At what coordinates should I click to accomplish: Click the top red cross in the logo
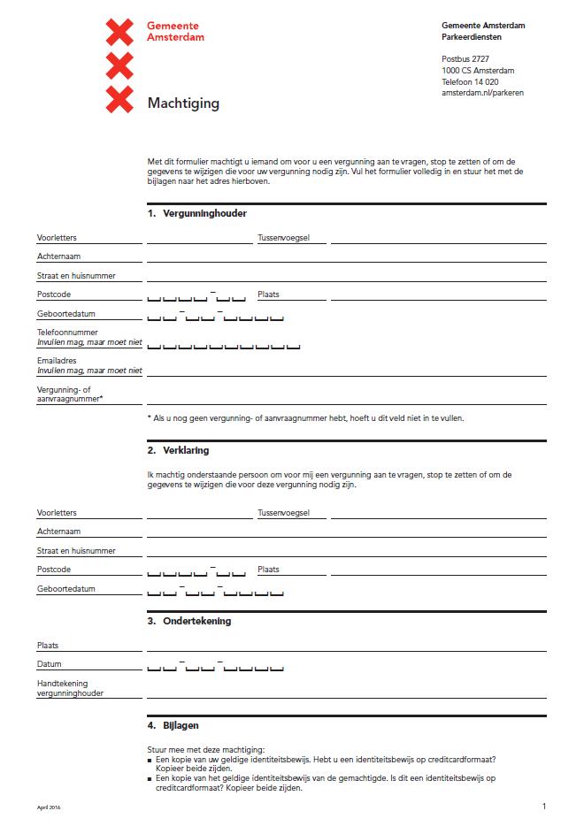pyautogui.click(x=119, y=33)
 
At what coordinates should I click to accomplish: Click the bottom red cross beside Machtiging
pyautogui.click(x=119, y=99)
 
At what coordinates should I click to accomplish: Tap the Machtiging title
pyautogui.click(x=183, y=103)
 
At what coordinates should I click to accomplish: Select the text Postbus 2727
pyautogui.click(x=465, y=58)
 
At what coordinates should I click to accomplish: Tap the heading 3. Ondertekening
pyautogui.click(x=189, y=621)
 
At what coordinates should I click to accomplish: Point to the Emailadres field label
pyautogui.click(x=57, y=361)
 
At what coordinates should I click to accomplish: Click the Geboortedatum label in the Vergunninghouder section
pyautogui.click(x=66, y=314)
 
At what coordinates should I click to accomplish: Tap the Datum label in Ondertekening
pyautogui.click(x=50, y=664)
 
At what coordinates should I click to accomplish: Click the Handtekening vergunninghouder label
pyautogui.click(x=70, y=688)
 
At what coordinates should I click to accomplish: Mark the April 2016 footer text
pyautogui.click(x=49, y=807)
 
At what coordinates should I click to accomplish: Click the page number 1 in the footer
pyautogui.click(x=543, y=806)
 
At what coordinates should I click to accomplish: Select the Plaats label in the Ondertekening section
pyautogui.click(x=48, y=646)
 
